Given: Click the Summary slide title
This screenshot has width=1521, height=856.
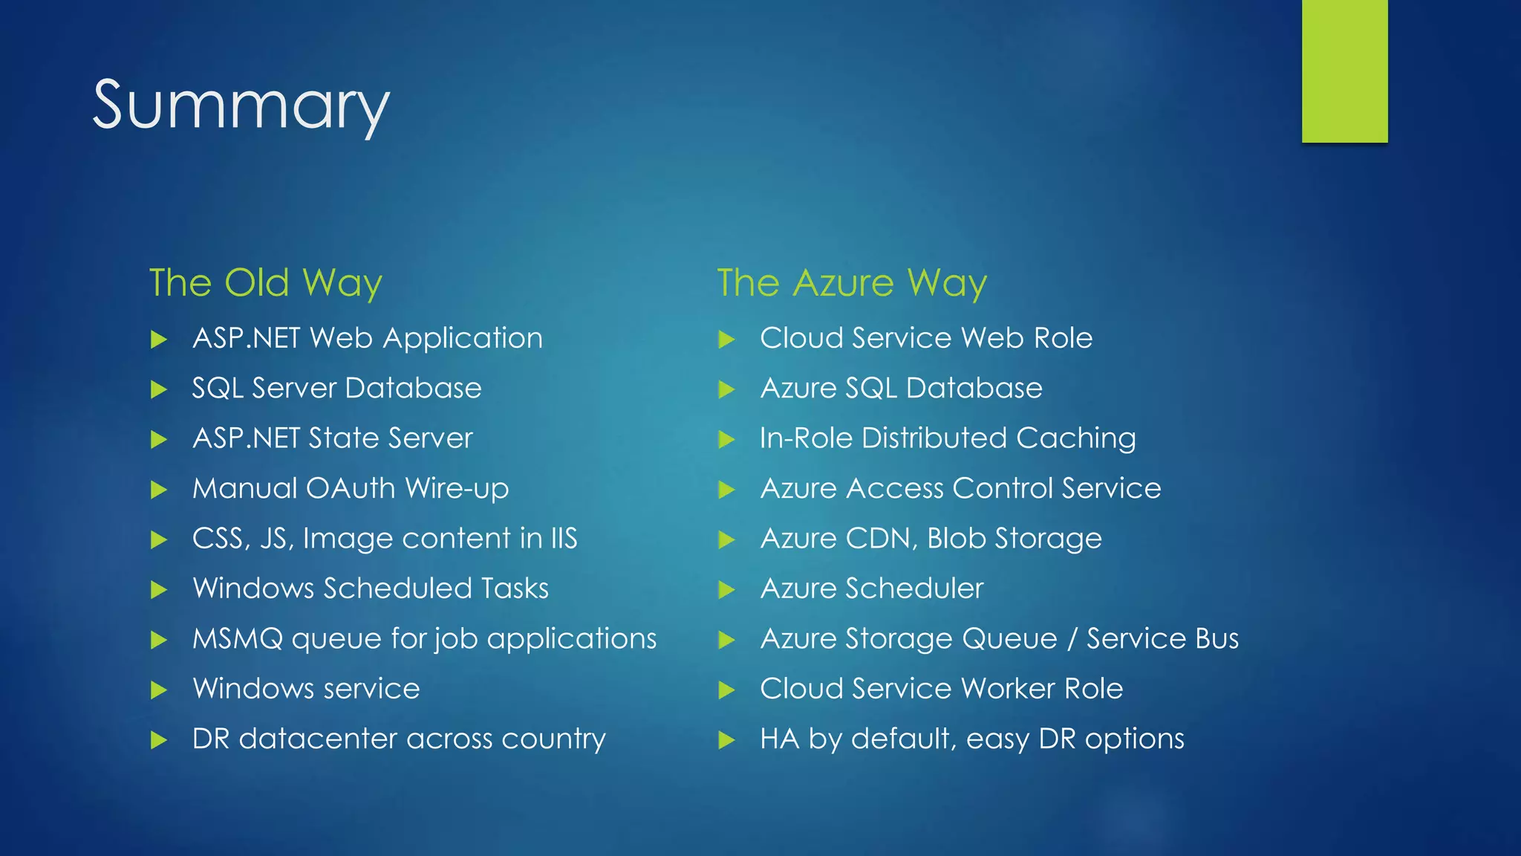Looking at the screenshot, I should click(x=241, y=106).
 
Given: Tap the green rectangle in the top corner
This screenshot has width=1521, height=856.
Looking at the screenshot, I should click(x=1344, y=71).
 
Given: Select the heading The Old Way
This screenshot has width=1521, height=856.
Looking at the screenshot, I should click(x=265, y=283).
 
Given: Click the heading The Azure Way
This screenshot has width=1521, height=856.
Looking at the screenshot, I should click(x=852, y=283).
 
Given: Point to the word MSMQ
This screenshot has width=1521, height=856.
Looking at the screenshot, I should click(x=238, y=639).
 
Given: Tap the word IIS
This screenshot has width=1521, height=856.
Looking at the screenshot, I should click(x=564, y=539).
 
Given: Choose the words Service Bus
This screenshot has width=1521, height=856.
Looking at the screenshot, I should click(x=1162, y=639).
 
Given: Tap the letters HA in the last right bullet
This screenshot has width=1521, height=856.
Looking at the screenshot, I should click(x=779, y=739).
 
